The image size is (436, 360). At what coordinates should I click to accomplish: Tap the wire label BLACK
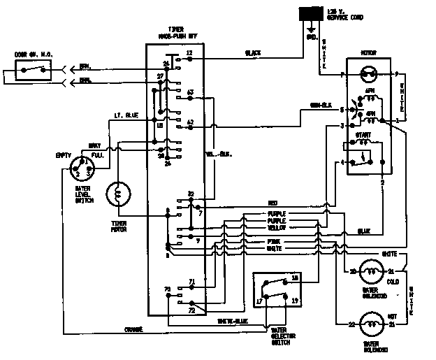point(252,53)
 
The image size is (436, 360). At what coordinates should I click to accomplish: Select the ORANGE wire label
point(133,329)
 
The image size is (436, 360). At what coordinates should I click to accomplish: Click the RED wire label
point(272,203)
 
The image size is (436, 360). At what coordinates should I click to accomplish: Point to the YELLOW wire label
point(277,228)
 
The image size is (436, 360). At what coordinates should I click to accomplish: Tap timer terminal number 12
point(189,54)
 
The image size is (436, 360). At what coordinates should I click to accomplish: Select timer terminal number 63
point(190,92)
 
